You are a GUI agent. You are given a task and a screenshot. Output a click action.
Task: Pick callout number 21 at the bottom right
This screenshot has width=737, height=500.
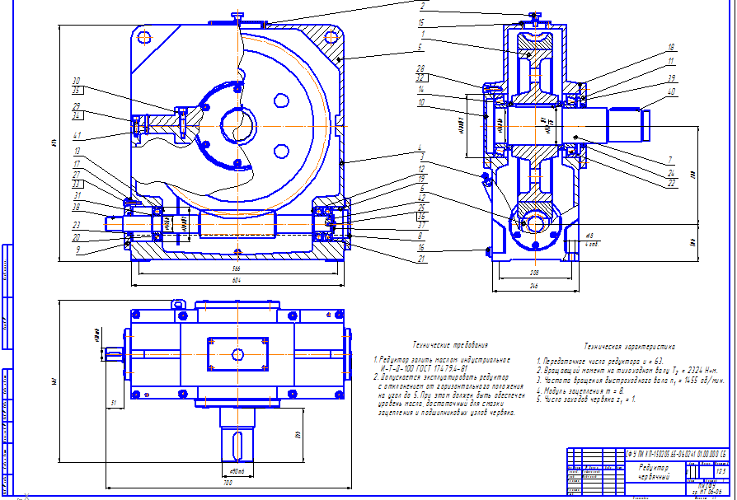[x=421, y=259]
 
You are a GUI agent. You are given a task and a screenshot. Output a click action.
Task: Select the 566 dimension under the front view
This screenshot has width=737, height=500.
[x=237, y=269]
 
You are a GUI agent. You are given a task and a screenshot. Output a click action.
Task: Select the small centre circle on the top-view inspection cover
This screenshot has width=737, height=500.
[x=237, y=354]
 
